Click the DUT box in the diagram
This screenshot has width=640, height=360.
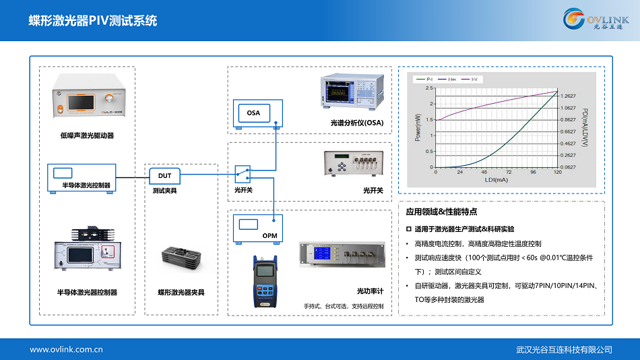(165, 176)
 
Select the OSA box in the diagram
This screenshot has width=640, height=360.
(253, 113)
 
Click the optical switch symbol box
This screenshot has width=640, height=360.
(243, 175)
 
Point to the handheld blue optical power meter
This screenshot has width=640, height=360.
(267, 281)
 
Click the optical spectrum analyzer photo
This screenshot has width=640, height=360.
(351, 92)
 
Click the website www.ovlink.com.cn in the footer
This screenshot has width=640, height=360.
(66, 349)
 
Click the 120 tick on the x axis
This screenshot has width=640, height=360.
(557, 173)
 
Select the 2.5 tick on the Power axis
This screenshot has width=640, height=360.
(429, 88)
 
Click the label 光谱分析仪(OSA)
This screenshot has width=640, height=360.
(356, 123)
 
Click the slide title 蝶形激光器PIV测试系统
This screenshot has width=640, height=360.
(92, 21)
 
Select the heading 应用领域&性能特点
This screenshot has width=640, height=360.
(442, 212)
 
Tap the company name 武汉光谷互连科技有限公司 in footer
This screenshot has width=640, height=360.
(564, 349)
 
